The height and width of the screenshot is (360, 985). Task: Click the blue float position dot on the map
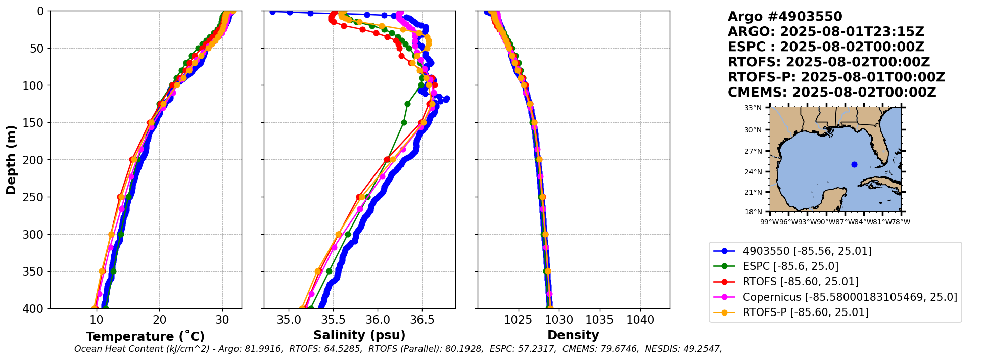tap(854, 164)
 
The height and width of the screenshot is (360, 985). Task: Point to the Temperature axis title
tap(145, 336)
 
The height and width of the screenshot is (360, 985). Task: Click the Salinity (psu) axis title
tap(359, 335)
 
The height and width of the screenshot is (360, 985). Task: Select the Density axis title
tap(573, 335)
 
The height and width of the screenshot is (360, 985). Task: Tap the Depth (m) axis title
tap(11, 160)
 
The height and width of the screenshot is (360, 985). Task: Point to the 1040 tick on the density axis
tap(640, 320)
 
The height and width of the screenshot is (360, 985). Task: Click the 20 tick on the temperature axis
tap(159, 320)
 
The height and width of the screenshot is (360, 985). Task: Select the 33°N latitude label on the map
tap(753, 108)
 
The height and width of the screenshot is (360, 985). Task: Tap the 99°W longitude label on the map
tap(768, 222)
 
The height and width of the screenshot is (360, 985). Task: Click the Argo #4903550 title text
tap(785, 17)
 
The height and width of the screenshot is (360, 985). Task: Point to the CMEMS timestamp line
tap(831, 93)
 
